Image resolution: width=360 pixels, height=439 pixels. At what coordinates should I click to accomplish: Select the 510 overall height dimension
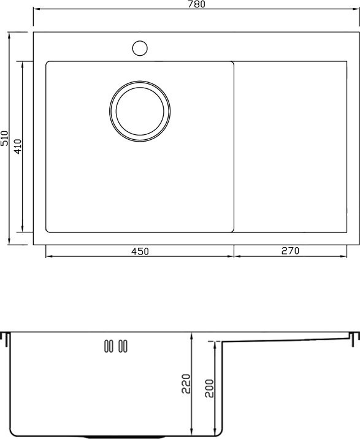tap(4, 139)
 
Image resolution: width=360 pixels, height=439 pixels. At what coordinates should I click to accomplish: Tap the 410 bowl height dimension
tap(18, 147)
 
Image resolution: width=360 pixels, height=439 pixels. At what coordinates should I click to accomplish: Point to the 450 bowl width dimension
tap(140, 251)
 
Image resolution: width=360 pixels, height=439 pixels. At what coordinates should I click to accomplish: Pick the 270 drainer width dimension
tap(290, 251)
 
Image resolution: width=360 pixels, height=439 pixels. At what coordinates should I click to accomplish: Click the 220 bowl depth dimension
tap(186, 384)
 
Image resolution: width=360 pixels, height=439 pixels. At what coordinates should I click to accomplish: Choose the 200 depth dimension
tap(209, 388)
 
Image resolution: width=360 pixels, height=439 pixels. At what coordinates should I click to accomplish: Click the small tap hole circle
tap(140, 48)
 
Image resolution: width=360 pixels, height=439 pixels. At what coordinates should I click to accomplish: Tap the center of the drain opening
tap(140, 111)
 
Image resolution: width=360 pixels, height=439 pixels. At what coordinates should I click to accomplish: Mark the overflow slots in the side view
tap(116, 346)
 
